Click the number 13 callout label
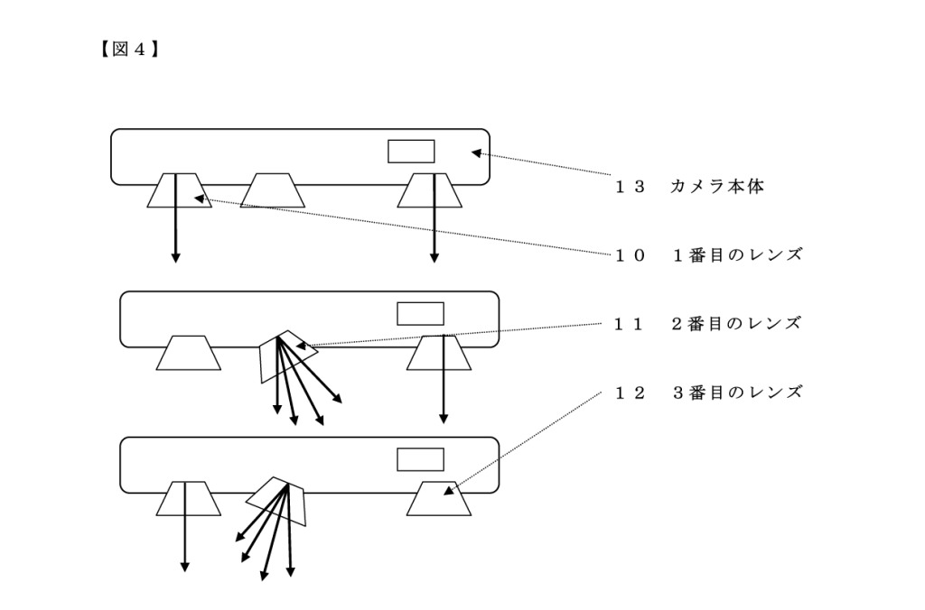(x=631, y=187)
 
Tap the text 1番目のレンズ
(x=736, y=254)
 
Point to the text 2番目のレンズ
(x=736, y=323)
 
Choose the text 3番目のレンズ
(x=736, y=393)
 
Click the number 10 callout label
(x=631, y=254)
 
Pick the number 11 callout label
(x=631, y=323)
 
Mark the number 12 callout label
(x=631, y=393)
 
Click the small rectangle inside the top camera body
(x=411, y=151)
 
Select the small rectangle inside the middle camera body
(x=421, y=313)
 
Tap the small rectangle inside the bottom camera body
(x=421, y=458)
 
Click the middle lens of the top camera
(x=275, y=190)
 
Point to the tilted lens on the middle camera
(x=287, y=356)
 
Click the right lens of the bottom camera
(x=438, y=499)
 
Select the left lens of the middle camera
(x=188, y=353)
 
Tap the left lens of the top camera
(x=180, y=190)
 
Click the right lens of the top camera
(x=430, y=190)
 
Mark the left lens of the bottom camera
(x=189, y=498)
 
